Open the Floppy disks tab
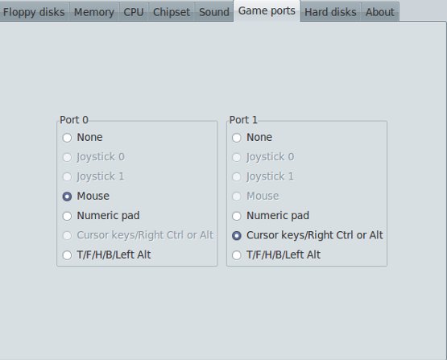pyautogui.click(x=34, y=12)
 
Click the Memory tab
pyautogui.click(x=94, y=12)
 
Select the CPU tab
pyautogui.click(x=134, y=12)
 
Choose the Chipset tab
pyautogui.click(x=172, y=12)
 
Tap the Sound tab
pyautogui.click(x=213, y=12)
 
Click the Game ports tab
pyautogui.click(x=267, y=10)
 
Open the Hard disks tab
pyautogui.click(x=330, y=12)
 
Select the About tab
pyautogui.click(x=379, y=12)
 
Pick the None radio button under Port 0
pyautogui.click(x=67, y=138)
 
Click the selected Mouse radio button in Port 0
pyautogui.click(x=67, y=197)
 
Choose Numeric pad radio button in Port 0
pyautogui.click(x=67, y=216)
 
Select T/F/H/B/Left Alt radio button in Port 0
pyautogui.click(x=67, y=255)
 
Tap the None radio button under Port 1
pyautogui.click(x=237, y=138)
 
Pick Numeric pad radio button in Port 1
pyautogui.click(x=237, y=216)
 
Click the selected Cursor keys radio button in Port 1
pyautogui.click(x=237, y=235)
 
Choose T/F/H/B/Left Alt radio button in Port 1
pyautogui.click(x=237, y=255)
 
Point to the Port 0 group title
pyautogui.click(x=74, y=120)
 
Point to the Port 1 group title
pyautogui.click(x=243, y=120)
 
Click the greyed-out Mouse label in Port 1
pyautogui.click(x=263, y=196)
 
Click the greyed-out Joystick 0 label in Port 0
pyautogui.click(x=101, y=157)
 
